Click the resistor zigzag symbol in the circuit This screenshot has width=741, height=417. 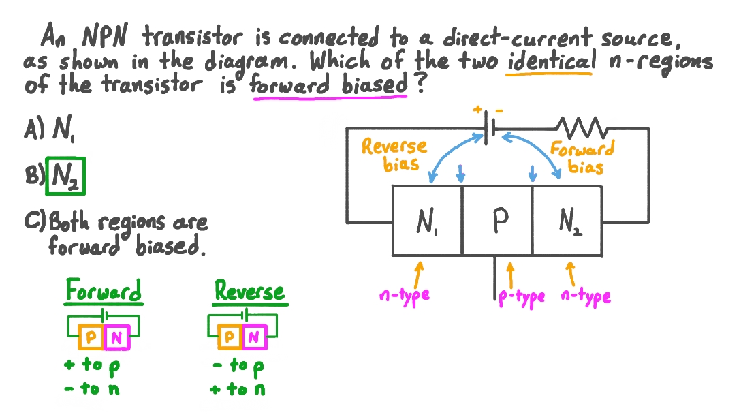pyautogui.click(x=581, y=127)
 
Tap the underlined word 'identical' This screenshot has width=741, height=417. pyautogui.click(x=550, y=62)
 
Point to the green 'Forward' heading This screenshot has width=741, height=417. pyautogui.click(x=104, y=292)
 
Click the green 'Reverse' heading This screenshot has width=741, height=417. pyautogui.click(x=249, y=292)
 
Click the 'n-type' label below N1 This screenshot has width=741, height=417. pyautogui.click(x=405, y=296)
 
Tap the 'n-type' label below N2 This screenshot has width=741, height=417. pyautogui.click(x=586, y=296)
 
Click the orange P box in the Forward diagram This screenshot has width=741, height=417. pyautogui.click(x=91, y=337)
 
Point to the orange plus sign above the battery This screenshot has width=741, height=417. pyautogui.click(x=477, y=108)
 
